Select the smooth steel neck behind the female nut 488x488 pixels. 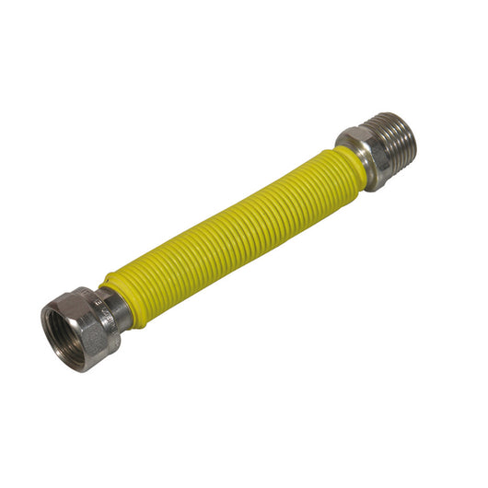[x=115, y=308]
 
